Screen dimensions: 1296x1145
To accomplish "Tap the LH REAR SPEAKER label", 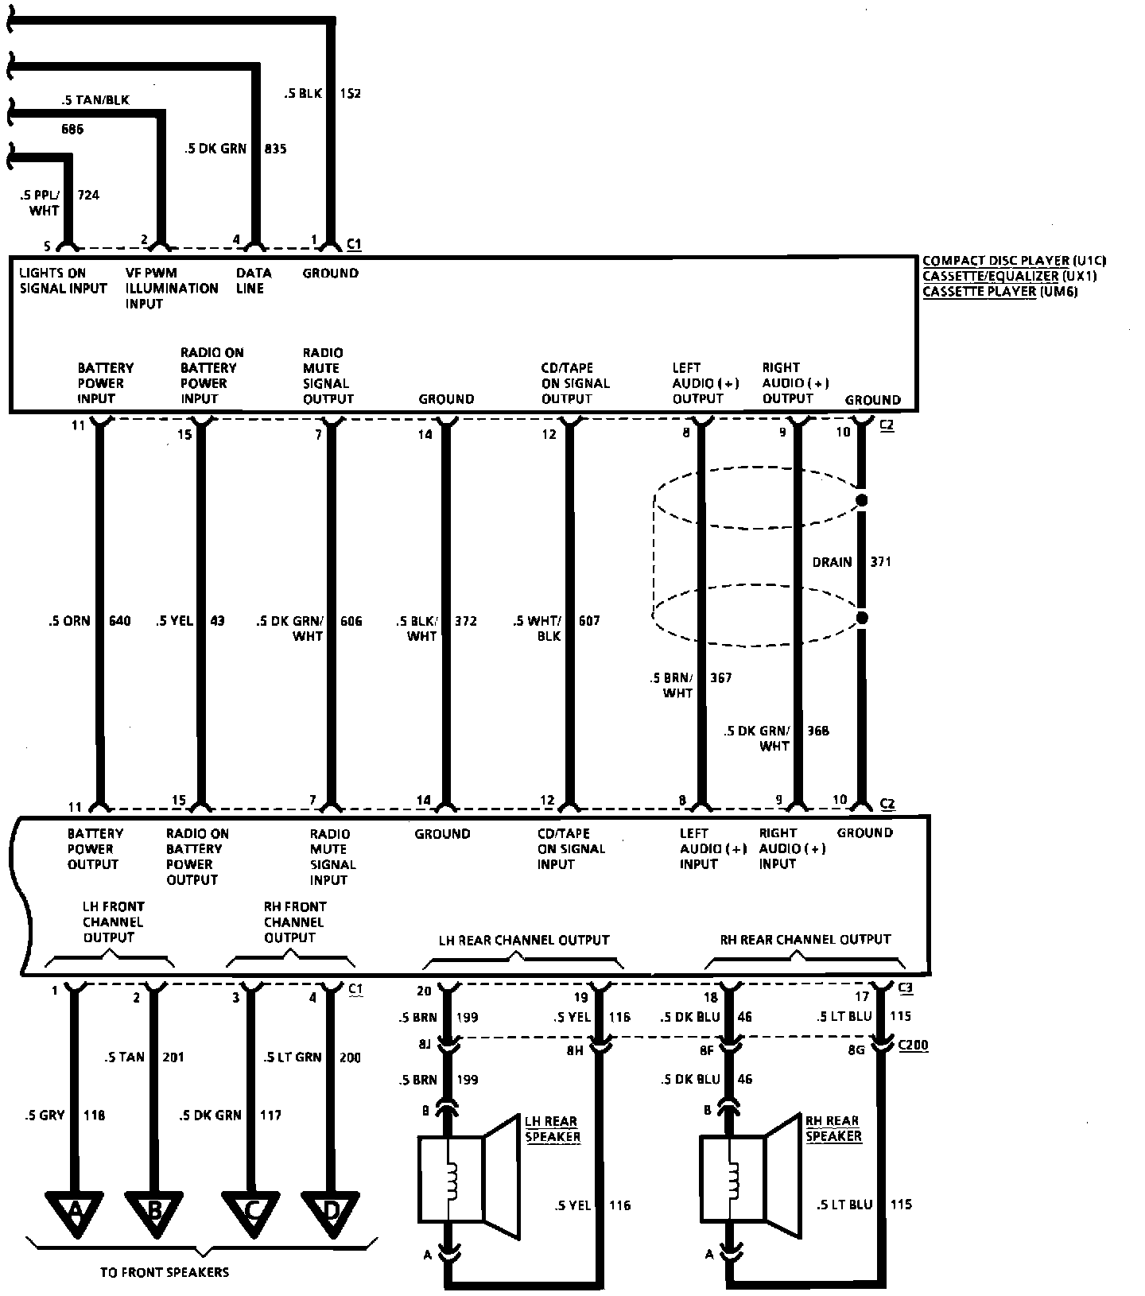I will pyautogui.click(x=552, y=1129).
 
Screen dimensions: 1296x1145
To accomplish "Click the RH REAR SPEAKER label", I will pyautogui.click(x=833, y=1129).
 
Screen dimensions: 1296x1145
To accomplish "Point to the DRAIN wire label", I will pyautogui.click(x=832, y=562).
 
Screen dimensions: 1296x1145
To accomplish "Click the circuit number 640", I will pyautogui.click(x=120, y=621).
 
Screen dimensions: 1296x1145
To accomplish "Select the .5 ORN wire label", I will pyautogui.click(x=69, y=621).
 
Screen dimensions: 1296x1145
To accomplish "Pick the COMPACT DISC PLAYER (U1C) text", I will pyautogui.click(x=1014, y=261).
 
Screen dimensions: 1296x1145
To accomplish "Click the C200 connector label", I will pyautogui.click(x=913, y=1046).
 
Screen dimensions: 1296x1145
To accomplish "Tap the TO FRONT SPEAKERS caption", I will pyautogui.click(x=165, y=1272).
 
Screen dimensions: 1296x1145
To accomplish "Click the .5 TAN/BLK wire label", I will pyautogui.click(x=95, y=100).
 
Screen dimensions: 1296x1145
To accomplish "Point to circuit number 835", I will pyautogui.click(x=275, y=149).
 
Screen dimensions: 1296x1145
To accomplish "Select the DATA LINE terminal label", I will pyautogui.click(x=253, y=281).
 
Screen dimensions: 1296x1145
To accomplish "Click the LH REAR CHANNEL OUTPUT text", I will pyautogui.click(x=523, y=940).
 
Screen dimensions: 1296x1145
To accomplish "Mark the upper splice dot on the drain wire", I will pyautogui.click(x=860, y=501).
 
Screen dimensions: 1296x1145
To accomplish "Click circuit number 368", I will pyautogui.click(x=817, y=731).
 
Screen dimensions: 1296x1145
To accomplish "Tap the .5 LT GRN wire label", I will pyautogui.click(x=293, y=1057).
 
